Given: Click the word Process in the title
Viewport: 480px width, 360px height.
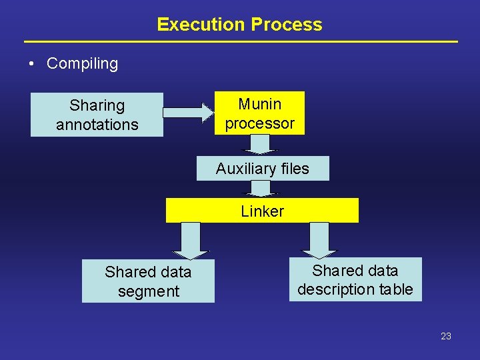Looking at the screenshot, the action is coord(286,25).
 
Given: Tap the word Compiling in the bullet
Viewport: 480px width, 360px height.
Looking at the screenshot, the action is coord(82,64).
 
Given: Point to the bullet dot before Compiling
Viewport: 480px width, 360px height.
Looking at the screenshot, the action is coord(31,65).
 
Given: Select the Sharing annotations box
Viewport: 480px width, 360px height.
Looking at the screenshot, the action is coord(97,115).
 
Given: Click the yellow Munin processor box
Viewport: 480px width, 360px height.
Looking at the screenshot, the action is coord(259,113).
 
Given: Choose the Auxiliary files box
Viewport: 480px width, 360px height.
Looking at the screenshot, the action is coord(263,169).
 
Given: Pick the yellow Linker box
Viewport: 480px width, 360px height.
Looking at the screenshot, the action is coord(262,211).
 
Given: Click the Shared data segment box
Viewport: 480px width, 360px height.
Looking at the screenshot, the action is coord(148,281).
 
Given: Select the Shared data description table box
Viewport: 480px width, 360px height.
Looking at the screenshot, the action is coord(355,279).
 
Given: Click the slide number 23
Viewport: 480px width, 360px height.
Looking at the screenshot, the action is coord(446,336).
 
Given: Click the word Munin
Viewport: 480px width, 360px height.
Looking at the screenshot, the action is coord(260,104).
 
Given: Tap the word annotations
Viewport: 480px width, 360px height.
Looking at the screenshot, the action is coord(97,125).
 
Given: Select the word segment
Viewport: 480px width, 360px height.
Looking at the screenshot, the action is coord(148,291).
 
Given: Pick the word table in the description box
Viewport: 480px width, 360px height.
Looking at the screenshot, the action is coord(398,289).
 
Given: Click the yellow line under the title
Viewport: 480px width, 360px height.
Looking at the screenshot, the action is coord(241,42).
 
